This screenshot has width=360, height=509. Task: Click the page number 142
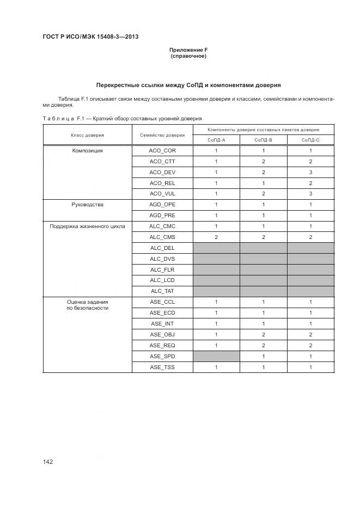[48, 462]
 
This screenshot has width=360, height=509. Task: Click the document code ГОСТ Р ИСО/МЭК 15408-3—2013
[90, 36]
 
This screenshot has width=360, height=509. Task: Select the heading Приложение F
[188, 51]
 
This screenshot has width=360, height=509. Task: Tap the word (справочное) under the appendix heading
[188, 56]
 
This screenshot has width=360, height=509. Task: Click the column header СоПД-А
[216, 140]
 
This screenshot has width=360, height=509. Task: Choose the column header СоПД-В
[263, 140]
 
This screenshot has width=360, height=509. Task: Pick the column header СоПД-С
[310, 140]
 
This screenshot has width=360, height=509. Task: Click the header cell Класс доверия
[87, 135]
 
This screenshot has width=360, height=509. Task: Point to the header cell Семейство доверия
[162, 135]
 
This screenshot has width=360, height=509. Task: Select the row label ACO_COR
[162, 151]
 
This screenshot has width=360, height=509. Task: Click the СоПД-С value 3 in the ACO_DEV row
[310, 173]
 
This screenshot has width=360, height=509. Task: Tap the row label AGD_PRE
[162, 216]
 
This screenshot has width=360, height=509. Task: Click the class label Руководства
[87, 205]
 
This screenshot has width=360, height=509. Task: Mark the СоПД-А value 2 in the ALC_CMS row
[216, 237]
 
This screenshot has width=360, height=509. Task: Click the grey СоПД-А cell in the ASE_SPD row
[216, 356]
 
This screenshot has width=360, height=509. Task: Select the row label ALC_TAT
[162, 291]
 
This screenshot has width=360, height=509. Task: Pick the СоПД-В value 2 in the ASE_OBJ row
[263, 334]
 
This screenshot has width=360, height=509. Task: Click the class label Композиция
[87, 151]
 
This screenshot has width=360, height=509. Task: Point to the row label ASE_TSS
[162, 367]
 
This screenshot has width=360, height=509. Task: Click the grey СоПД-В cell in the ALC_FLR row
[263, 269]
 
